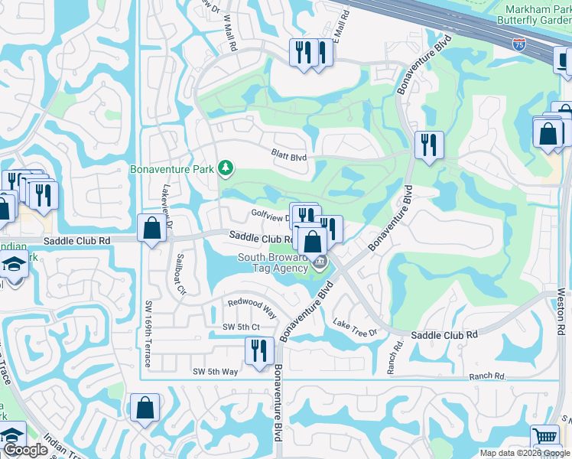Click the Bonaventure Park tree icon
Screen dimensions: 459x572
click(225, 167)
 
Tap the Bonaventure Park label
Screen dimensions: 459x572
click(173, 168)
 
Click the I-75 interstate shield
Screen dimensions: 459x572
click(519, 47)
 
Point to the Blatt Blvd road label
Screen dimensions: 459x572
click(288, 155)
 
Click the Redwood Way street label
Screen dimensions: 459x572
click(252, 308)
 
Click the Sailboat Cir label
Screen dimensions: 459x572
click(180, 272)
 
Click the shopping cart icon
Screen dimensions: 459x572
click(545, 437)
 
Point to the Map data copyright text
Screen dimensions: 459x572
click(523, 453)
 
